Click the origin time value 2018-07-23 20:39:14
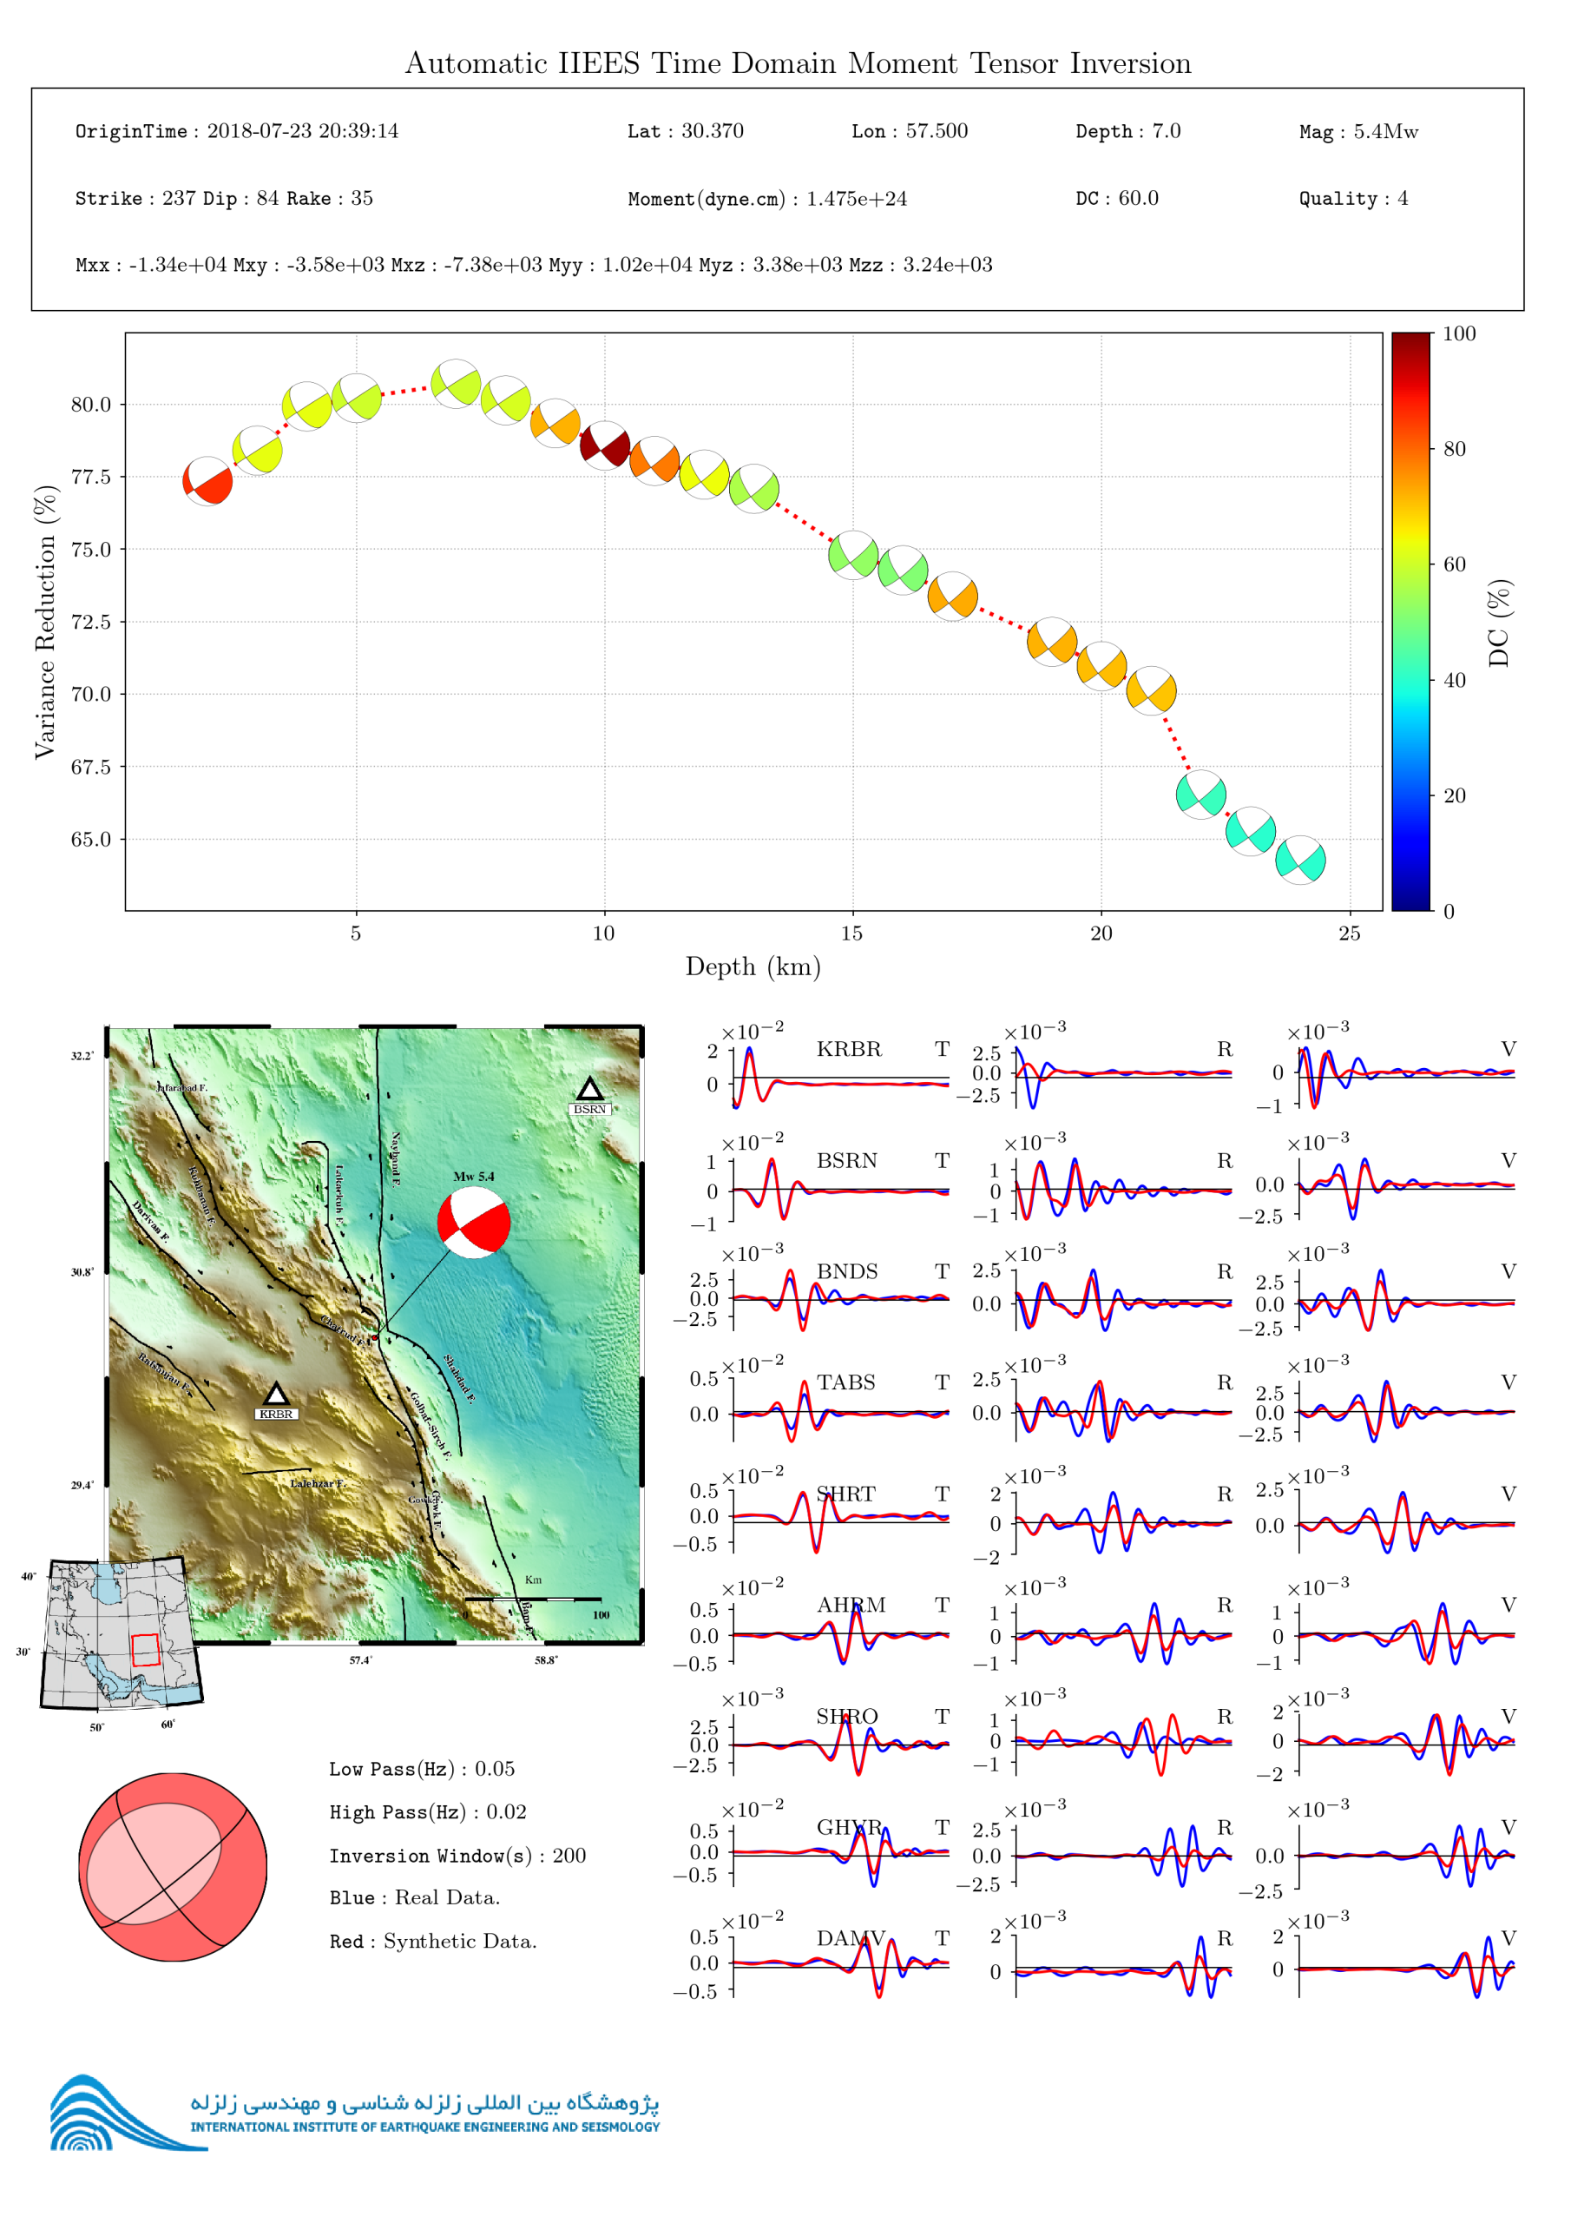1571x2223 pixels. pos(302,132)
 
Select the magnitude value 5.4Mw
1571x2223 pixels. pos(1385,132)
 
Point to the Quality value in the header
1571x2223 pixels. pos(1403,199)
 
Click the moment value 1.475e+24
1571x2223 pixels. pos(857,199)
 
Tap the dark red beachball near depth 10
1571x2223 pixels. pos(605,445)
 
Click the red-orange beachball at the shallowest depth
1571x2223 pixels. pos(207,481)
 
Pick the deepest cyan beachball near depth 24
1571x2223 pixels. pos(1300,860)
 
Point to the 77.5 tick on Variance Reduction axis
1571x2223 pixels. pos(91,477)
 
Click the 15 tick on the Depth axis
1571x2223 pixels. pos(851,933)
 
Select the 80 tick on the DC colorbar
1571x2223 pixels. pos(1454,448)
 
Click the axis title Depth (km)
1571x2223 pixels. pos(753,966)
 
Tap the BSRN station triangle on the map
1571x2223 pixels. pos(589,1088)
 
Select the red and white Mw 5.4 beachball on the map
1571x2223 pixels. pos(473,1222)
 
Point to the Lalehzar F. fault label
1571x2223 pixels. pos(318,1483)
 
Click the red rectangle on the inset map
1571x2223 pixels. pos(145,1650)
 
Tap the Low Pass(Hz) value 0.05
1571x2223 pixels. pos(495,1769)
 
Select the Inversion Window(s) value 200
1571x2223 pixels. pos(569,1855)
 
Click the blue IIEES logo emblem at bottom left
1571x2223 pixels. pos(107,2116)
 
